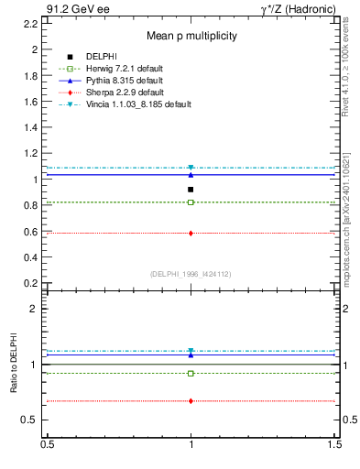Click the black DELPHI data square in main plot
click(191, 190)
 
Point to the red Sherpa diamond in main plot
click(191, 234)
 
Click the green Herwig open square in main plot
click(191, 202)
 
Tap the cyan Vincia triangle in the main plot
click(191, 168)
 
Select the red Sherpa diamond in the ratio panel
click(191, 401)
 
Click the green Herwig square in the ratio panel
click(191, 374)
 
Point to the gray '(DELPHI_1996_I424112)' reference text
click(191, 273)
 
